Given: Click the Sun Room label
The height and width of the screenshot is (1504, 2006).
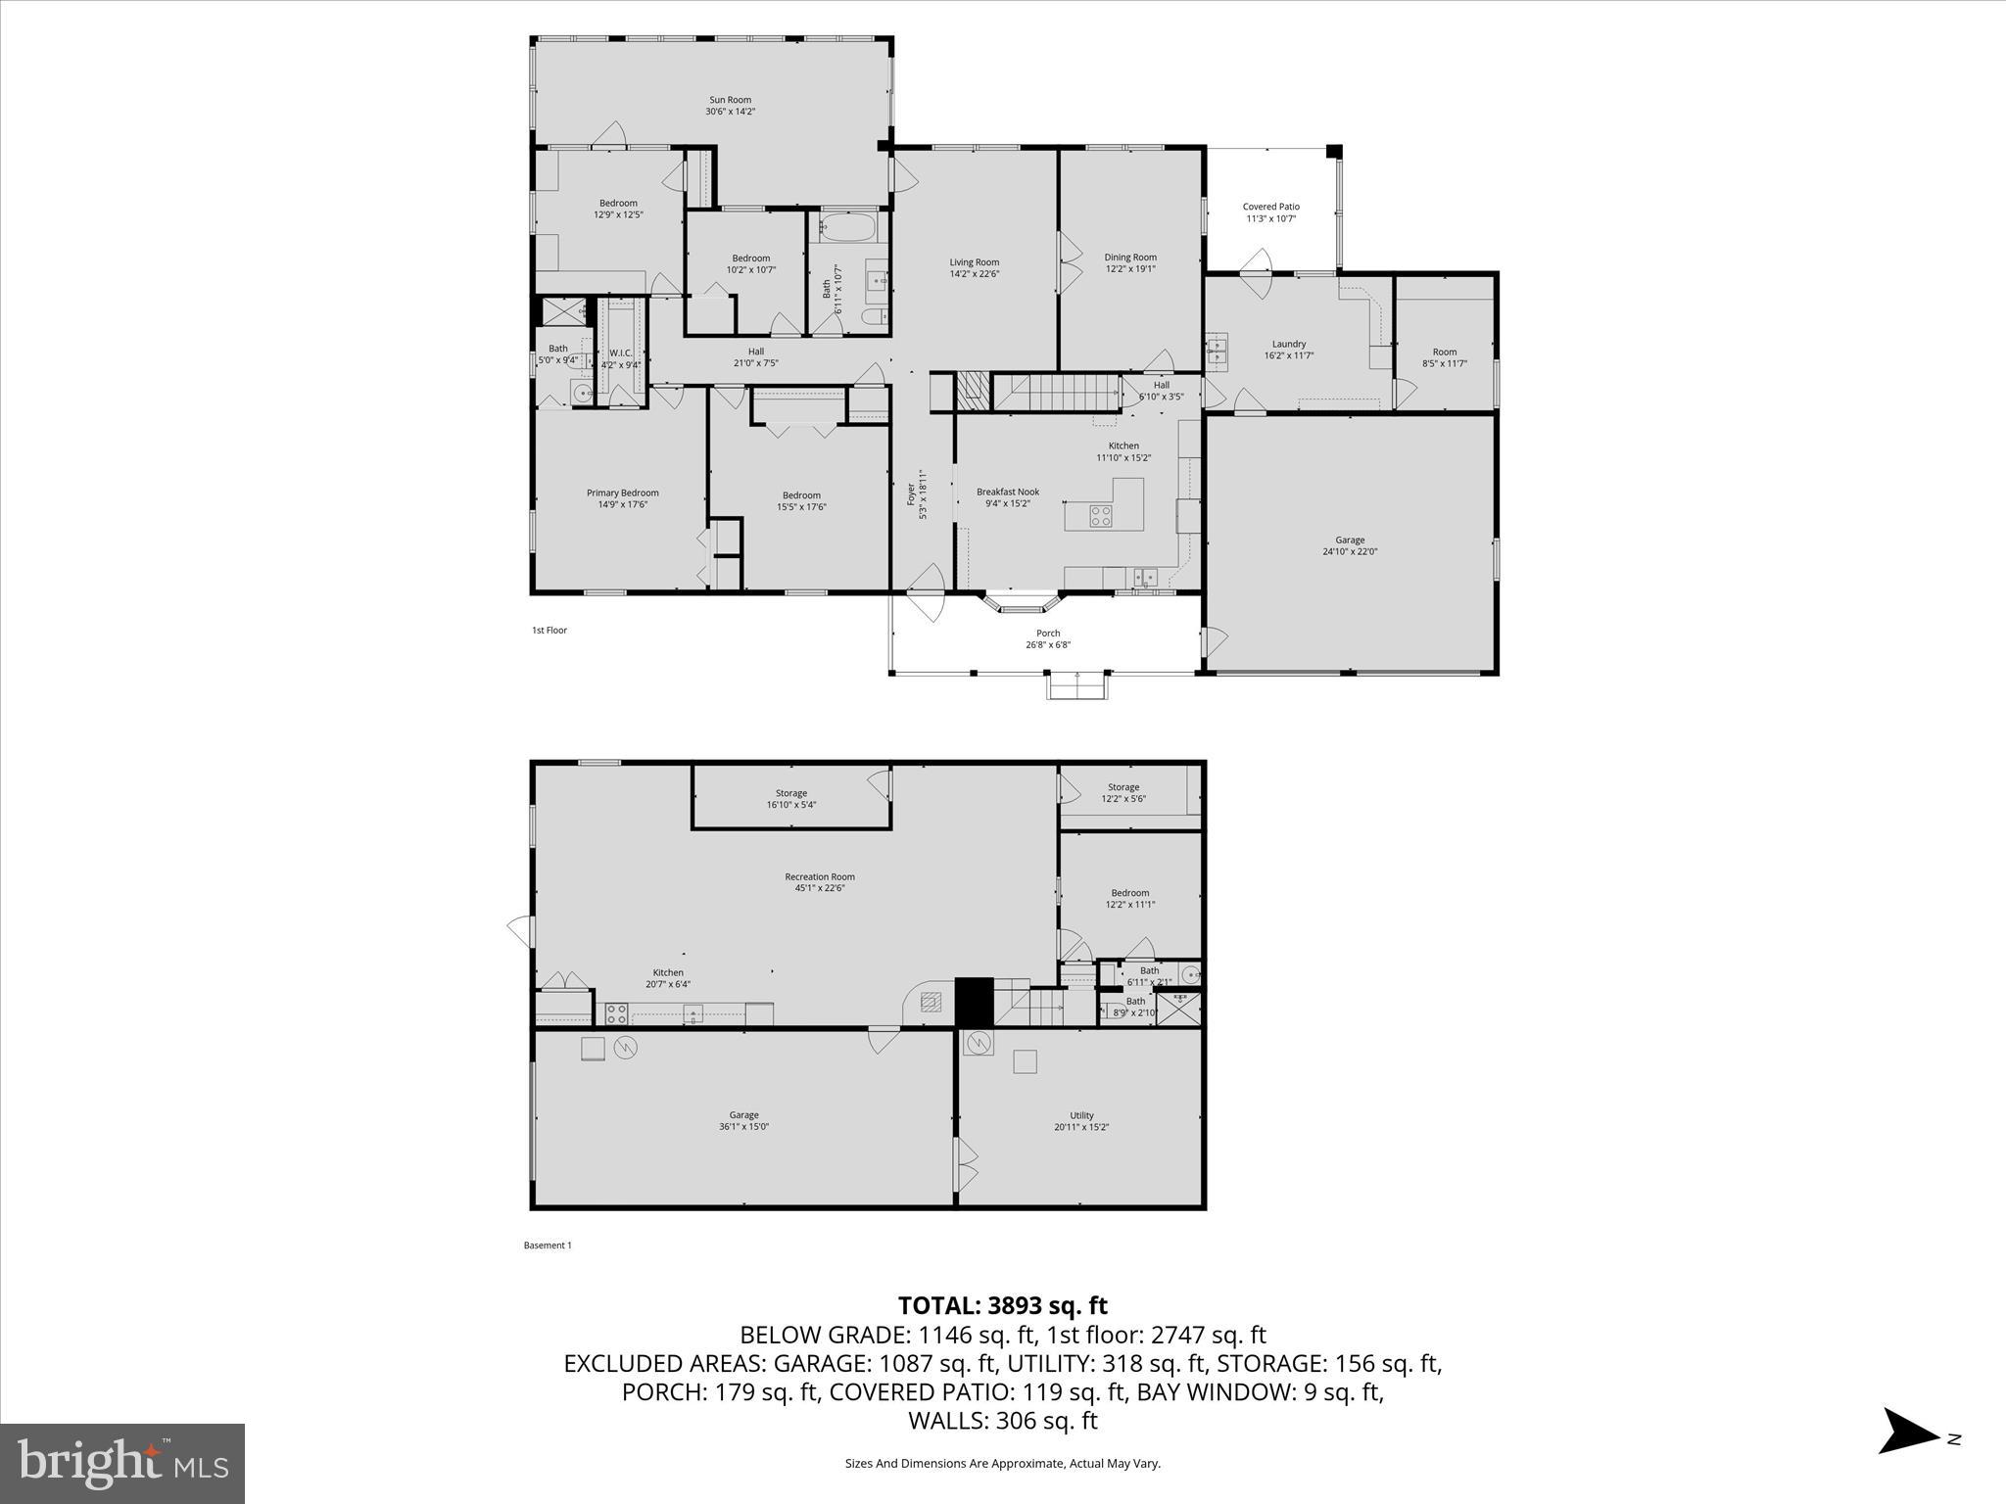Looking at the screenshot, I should (x=730, y=100).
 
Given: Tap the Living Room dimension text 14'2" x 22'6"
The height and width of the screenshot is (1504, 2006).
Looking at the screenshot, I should (x=974, y=274).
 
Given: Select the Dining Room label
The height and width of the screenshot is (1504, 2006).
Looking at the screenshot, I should (x=1130, y=258).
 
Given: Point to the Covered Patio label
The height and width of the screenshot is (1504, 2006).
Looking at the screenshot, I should (x=1270, y=207).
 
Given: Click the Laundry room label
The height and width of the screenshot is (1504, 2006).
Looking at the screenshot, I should (x=1288, y=344).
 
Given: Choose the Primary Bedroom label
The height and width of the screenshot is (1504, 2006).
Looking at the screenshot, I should (x=622, y=493).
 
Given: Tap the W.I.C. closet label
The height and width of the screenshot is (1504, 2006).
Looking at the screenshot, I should (x=620, y=352).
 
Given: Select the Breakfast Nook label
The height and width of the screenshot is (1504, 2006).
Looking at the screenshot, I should (x=1007, y=492).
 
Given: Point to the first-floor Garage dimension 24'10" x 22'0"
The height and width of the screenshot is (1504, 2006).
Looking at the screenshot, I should (x=1349, y=551).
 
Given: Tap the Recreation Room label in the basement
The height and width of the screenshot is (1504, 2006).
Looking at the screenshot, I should (x=819, y=876).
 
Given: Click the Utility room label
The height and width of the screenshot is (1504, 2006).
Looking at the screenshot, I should (x=1080, y=1115).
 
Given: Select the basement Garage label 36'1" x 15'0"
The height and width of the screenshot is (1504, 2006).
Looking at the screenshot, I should (x=743, y=1115).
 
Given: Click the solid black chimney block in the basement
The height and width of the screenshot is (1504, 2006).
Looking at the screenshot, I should (x=974, y=1001).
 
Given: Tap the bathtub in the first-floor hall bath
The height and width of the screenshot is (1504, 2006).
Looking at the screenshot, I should (x=848, y=228).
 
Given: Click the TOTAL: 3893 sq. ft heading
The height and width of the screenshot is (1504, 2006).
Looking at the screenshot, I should (x=1002, y=1305).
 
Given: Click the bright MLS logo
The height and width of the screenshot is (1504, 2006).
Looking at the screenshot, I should (x=122, y=1464).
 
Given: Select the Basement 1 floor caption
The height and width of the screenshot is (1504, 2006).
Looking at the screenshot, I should (x=547, y=1245).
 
